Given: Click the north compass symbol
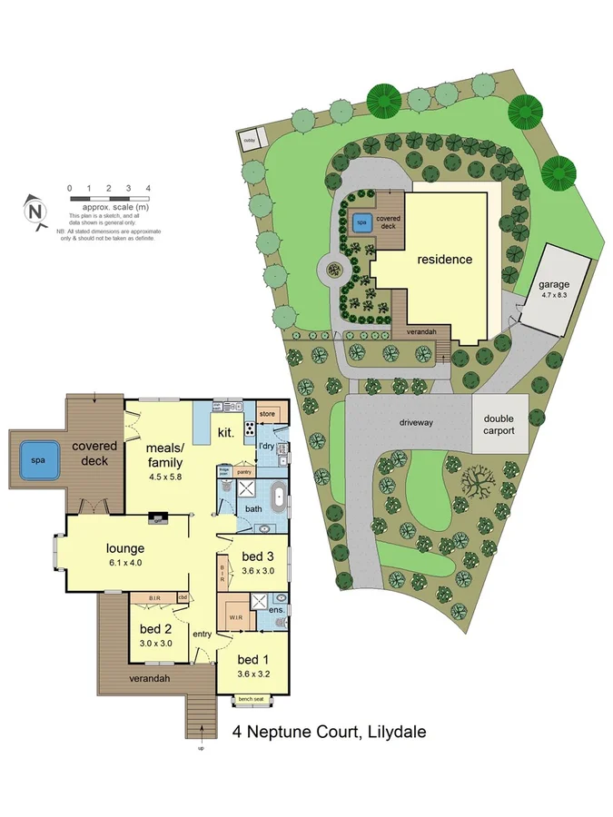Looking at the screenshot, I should pyautogui.click(x=35, y=211).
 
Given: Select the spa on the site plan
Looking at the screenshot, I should pyautogui.click(x=361, y=221).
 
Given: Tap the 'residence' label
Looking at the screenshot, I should pyautogui.click(x=444, y=260).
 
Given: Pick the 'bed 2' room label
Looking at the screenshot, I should pyautogui.click(x=155, y=628).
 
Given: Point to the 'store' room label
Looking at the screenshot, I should pyautogui.click(x=267, y=414).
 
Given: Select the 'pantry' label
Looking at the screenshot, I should pyautogui.click(x=243, y=472).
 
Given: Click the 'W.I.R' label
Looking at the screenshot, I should pyautogui.click(x=234, y=617).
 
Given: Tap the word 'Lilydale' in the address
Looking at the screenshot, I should pyautogui.click(x=392, y=732).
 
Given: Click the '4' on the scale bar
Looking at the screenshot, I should pyautogui.click(x=147, y=188).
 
